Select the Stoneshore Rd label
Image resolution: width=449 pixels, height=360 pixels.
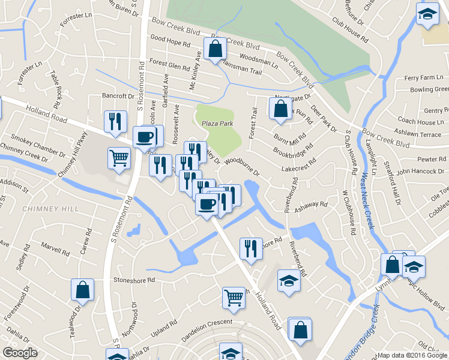point(134,280)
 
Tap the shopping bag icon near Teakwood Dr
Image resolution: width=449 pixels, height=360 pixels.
point(82,290)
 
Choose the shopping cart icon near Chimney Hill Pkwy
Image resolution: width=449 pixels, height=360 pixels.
point(119,158)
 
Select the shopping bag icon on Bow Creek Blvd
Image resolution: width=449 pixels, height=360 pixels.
point(215,49)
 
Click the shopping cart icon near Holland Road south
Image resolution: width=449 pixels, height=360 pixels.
point(234,297)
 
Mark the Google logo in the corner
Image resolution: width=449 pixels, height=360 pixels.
point(20,353)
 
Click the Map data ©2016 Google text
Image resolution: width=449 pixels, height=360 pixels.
point(411,355)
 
